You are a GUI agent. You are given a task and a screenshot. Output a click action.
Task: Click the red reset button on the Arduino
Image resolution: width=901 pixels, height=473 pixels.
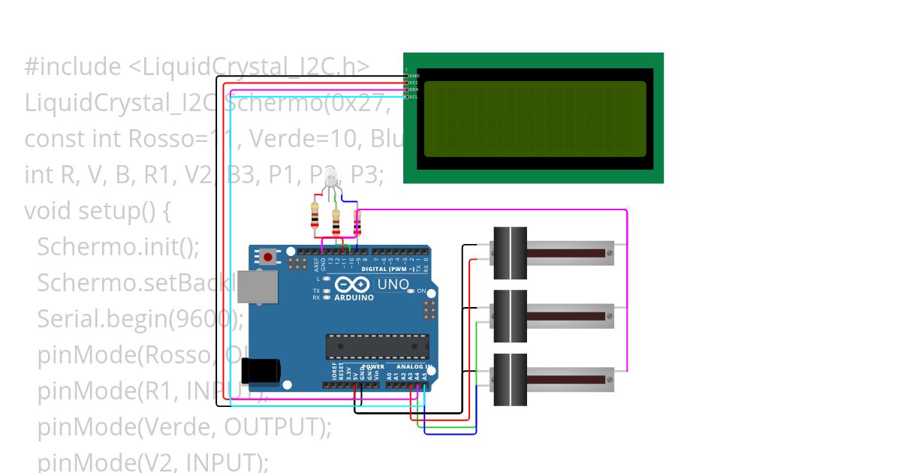pos(268,257)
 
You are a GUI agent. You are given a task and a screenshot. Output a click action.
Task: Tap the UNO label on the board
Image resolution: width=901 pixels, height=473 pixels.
pos(392,285)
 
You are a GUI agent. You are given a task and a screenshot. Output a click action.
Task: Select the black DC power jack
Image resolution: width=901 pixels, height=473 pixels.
pos(260,370)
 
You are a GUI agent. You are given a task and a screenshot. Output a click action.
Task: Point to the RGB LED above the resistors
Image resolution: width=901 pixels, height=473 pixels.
pos(331,177)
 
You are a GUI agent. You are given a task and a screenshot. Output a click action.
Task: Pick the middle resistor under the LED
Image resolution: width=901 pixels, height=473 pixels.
pos(336,221)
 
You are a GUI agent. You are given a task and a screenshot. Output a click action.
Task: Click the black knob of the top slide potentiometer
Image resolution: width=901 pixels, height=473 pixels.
pos(510,253)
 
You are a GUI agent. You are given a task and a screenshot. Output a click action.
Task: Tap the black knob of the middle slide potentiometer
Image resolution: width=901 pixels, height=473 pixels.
pos(510,316)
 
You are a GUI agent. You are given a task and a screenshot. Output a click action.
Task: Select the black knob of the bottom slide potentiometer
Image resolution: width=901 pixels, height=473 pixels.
pos(510,379)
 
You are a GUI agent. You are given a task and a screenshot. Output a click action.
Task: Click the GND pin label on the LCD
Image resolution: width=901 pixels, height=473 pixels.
pos(414,76)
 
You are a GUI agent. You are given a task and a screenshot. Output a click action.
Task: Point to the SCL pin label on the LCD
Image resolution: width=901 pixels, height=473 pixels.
pos(414,97)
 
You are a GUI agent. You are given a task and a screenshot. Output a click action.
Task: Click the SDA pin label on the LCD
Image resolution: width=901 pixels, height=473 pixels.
pos(414,89)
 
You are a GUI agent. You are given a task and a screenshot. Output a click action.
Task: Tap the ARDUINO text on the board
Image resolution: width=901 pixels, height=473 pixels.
pos(353,297)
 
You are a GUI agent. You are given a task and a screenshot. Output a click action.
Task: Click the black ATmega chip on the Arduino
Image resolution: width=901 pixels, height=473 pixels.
pos(371,346)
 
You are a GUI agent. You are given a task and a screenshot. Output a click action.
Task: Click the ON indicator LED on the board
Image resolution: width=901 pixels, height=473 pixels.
pos(411,291)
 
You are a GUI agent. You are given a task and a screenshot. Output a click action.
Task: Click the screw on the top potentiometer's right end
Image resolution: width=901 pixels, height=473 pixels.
pos(609,254)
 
